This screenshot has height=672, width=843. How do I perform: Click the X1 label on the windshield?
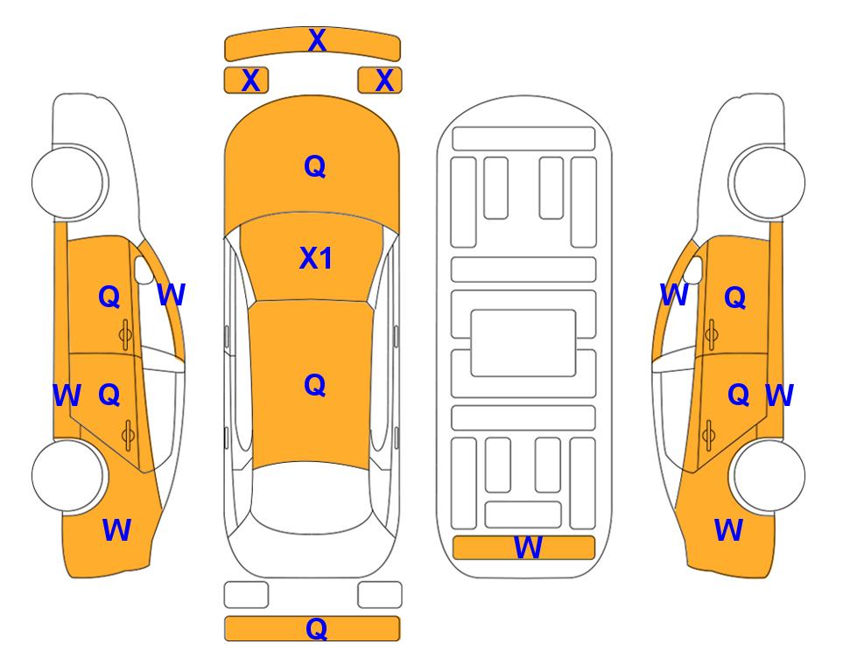[x=316, y=258]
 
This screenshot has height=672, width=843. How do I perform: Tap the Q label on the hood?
[x=314, y=166]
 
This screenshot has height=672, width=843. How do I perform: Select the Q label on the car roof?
[x=314, y=385]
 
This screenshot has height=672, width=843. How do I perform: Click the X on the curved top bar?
[x=317, y=40]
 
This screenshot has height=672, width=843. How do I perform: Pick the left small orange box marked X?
[x=246, y=80]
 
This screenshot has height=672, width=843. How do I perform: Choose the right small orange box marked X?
[x=380, y=80]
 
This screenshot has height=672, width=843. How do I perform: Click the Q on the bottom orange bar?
[x=316, y=628]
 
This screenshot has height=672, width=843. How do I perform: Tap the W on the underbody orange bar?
[x=528, y=548]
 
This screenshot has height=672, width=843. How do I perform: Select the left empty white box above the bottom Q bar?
[x=246, y=595]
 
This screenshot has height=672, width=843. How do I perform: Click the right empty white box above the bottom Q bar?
[x=380, y=595]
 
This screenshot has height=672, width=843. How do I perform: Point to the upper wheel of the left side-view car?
[x=68, y=182]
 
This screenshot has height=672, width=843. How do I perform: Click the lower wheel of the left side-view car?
[x=68, y=476]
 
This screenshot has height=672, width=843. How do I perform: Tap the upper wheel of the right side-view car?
[x=768, y=182]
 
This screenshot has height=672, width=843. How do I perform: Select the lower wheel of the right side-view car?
[x=768, y=476]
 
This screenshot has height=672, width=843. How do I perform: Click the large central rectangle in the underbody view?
[x=523, y=343]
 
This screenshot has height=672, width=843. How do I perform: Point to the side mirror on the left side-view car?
[x=143, y=269]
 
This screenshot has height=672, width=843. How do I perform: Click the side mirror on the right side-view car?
[x=693, y=269]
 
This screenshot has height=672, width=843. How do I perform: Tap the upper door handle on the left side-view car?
[x=125, y=334]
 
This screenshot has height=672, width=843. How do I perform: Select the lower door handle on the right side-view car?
[x=709, y=435]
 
